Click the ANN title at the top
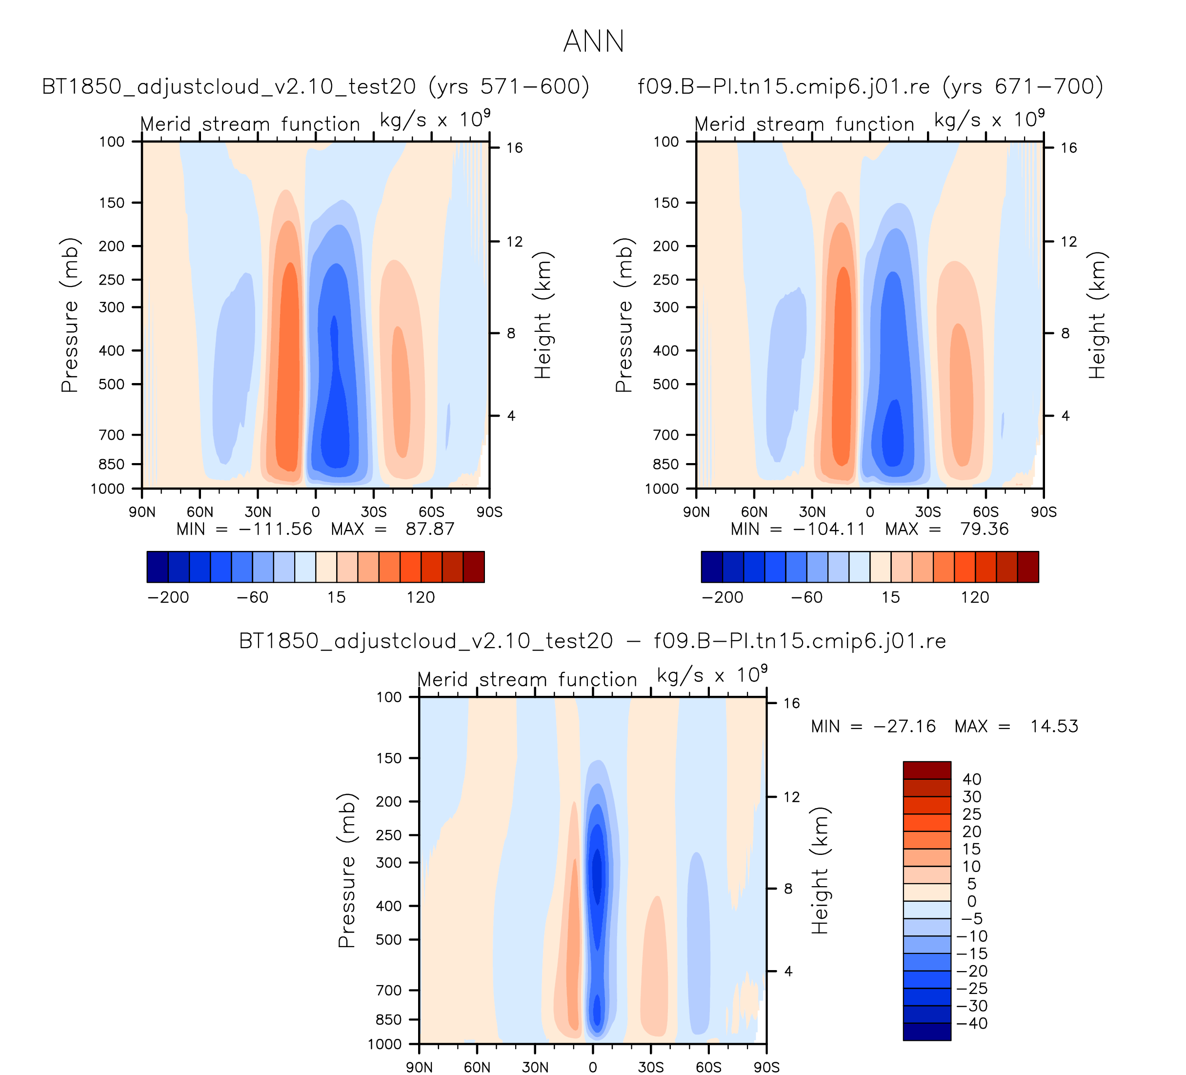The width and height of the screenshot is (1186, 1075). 593,41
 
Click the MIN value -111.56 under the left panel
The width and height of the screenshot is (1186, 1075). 275,529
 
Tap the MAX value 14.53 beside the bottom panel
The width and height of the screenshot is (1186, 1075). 1054,726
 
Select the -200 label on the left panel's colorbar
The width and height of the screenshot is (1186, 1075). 168,598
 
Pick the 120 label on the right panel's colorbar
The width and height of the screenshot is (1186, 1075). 975,598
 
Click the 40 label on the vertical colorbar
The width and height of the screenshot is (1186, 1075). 971,779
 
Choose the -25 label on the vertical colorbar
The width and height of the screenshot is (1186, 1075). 972,989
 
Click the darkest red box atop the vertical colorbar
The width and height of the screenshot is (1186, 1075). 926,770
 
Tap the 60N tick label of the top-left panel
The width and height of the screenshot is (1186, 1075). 200,512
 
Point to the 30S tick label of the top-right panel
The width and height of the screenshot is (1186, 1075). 928,512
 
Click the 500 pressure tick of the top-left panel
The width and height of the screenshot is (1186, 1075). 112,384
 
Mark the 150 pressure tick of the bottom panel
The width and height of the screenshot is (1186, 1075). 389,758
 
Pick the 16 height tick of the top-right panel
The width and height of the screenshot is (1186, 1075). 1068,148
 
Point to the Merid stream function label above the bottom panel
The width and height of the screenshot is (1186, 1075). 527,680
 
